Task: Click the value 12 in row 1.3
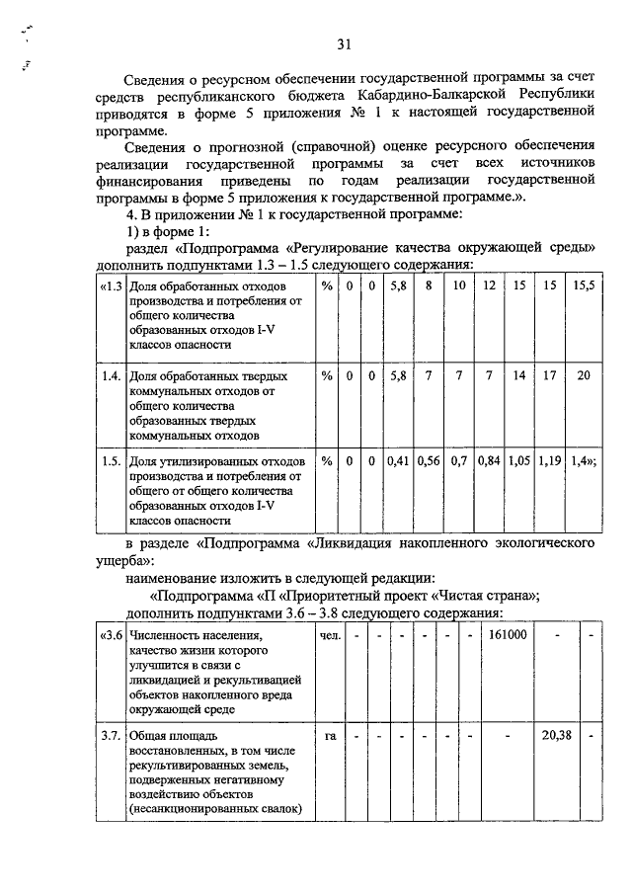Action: coord(489,285)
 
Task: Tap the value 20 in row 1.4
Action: coord(584,376)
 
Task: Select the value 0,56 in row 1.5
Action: coord(429,460)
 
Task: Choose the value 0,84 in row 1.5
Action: coord(489,460)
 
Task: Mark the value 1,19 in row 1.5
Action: coord(550,460)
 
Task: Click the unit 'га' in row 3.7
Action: coord(330,735)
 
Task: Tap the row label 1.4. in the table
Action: coord(112,376)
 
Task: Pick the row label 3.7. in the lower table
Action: coord(112,735)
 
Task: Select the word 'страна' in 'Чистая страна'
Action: coord(511,595)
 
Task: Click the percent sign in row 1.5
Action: coord(327,460)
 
